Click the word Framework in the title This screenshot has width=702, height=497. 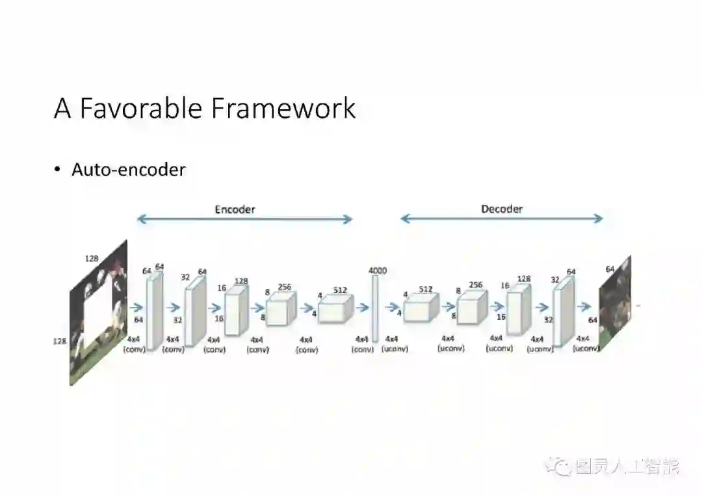tap(283, 108)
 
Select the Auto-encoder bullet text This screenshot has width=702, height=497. tap(128, 170)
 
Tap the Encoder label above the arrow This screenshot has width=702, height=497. tap(235, 209)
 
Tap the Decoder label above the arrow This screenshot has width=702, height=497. tap(502, 209)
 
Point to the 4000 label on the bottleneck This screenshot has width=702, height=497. tap(377, 270)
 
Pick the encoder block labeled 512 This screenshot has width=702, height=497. tap(335, 310)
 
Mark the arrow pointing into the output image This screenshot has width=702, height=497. tap(584, 306)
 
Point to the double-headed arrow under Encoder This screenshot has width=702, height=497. tap(244, 220)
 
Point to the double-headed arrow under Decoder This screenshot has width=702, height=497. tap(502, 219)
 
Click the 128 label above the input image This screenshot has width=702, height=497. tap(92, 258)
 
